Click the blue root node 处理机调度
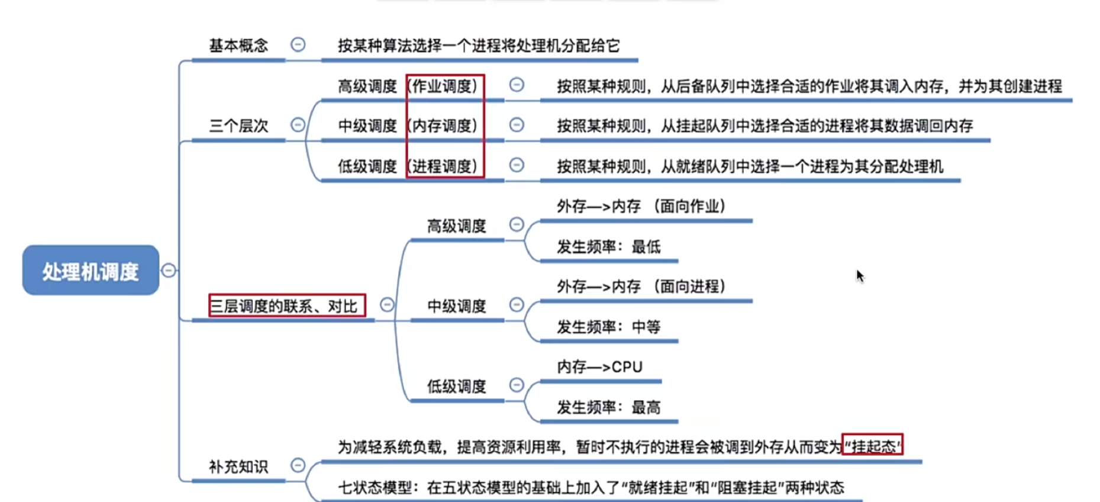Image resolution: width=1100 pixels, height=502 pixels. tap(91, 271)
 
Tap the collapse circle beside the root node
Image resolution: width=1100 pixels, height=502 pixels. tap(169, 271)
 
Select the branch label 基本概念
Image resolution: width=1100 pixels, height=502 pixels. tap(238, 46)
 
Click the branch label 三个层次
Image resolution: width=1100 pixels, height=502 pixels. tap(238, 125)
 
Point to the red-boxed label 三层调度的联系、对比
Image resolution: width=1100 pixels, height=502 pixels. tap(286, 305)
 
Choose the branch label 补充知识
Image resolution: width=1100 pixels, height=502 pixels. tap(238, 466)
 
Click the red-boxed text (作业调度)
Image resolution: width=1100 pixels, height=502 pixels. tap(444, 86)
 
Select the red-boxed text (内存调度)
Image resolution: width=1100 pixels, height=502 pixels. tap(444, 125)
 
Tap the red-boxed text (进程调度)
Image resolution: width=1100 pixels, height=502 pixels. tap(444, 166)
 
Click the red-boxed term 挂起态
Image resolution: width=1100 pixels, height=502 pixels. tap(873, 446)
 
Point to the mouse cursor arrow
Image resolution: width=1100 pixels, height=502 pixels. tap(859, 275)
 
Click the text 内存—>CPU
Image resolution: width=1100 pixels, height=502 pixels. tap(599, 367)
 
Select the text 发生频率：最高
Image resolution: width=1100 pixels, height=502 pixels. tap(608, 407)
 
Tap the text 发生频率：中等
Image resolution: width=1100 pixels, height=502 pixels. tap(608, 327)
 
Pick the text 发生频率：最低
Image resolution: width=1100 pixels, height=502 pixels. tap(608, 246)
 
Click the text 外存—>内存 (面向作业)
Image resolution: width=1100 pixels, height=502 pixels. tap(641, 206)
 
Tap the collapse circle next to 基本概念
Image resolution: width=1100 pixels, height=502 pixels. tap(298, 44)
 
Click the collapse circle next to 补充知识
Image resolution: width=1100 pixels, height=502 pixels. tap(298, 465)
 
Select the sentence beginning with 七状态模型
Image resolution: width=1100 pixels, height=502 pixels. tap(591, 487)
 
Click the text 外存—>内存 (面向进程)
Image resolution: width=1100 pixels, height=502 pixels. tap(641, 287)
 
